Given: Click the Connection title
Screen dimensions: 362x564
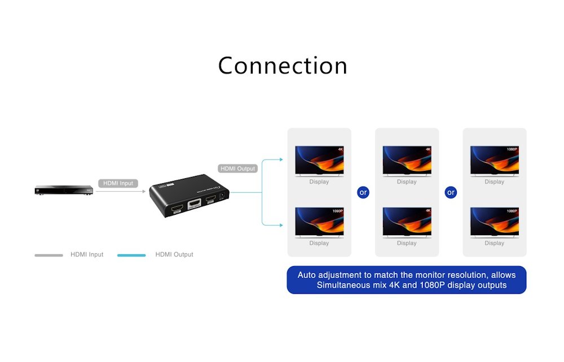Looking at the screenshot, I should [x=282, y=65].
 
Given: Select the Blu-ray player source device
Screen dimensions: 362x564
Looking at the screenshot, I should [x=62, y=191].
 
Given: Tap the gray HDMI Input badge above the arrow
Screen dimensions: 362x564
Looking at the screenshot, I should [x=118, y=183].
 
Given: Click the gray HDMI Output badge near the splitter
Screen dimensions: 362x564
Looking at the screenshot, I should [x=237, y=168].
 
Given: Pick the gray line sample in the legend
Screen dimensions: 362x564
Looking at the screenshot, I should [x=49, y=255].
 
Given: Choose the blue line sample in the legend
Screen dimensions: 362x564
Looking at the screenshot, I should [x=131, y=255].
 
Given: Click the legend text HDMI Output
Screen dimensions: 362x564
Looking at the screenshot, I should [x=174, y=255].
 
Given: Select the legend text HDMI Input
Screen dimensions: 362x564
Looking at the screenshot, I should [x=87, y=255].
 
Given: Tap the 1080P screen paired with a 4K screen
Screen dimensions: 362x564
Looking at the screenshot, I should [x=319, y=221].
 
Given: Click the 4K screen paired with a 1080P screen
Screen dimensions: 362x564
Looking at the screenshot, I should [x=319, y=160].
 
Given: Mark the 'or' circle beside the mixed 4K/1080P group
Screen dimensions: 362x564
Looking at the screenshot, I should [x=363, y=192].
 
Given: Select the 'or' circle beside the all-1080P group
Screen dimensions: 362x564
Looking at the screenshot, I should [x=451, y=192].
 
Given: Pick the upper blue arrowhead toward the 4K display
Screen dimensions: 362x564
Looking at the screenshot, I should [x=280, y=160].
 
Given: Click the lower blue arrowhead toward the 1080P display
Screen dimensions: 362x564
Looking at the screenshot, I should [x=280, y=225].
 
